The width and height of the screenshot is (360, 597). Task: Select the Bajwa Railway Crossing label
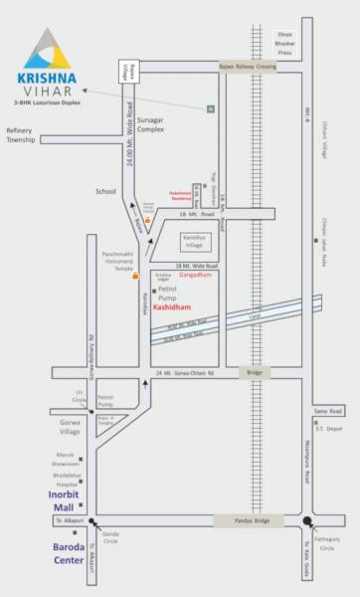247,66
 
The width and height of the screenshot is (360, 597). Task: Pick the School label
105,190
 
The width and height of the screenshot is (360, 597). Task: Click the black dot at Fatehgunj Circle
308,520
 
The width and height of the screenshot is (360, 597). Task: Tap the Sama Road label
327,383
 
